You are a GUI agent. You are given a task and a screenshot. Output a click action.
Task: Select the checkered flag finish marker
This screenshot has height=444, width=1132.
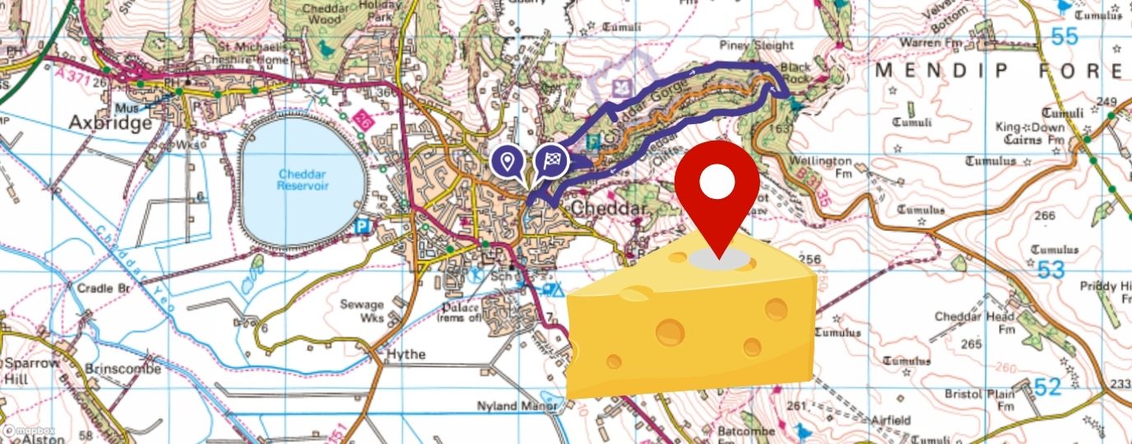552,161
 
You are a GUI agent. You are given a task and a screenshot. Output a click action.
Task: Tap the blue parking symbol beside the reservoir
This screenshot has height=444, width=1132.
361,225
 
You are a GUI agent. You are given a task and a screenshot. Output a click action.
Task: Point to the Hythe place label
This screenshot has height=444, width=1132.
406,354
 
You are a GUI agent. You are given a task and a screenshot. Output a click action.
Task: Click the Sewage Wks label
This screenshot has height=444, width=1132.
362,311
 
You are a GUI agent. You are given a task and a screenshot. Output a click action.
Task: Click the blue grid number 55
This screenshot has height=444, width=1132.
1064,36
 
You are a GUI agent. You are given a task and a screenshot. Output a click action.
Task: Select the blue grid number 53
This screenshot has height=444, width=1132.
1051,270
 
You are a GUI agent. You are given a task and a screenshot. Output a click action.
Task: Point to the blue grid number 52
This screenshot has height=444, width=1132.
1048,386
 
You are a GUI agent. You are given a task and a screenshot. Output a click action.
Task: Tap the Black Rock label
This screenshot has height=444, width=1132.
795,72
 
